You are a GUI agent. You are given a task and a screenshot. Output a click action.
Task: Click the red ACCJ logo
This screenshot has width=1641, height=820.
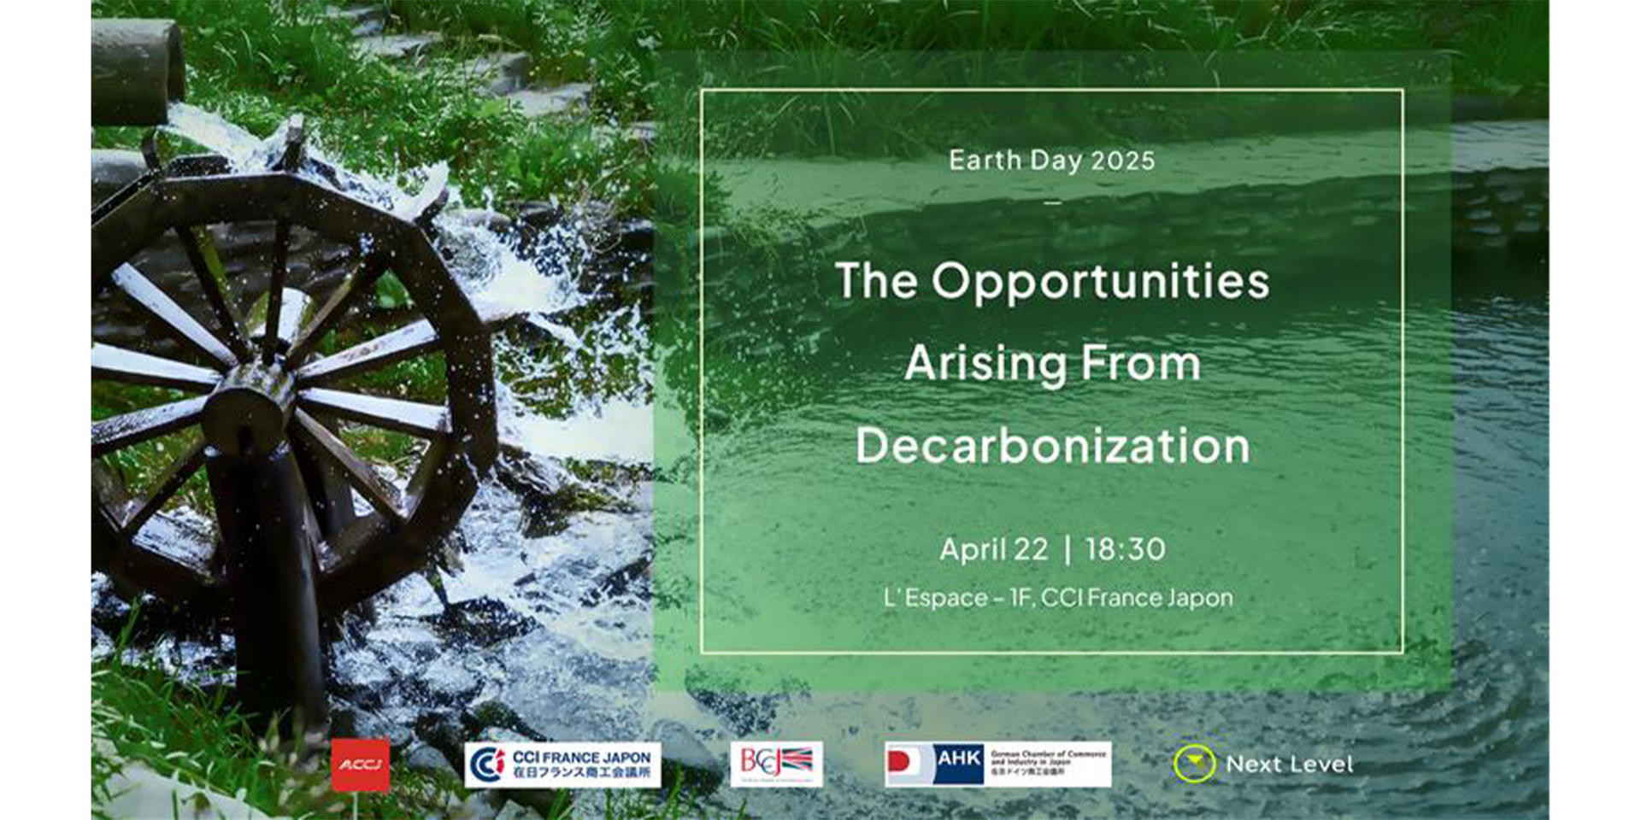360,764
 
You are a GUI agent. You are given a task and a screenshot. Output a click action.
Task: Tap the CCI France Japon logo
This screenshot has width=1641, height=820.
562,764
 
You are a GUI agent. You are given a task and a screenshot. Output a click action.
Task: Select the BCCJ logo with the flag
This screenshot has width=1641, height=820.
776,764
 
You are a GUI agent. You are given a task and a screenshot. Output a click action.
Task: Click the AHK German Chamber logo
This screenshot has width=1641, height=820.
997,764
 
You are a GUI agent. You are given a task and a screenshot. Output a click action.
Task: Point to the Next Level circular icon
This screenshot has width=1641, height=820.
1194,764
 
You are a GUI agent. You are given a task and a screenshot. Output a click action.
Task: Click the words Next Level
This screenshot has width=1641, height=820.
1289,764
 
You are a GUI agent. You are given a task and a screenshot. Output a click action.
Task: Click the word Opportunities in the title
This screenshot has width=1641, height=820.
1100,282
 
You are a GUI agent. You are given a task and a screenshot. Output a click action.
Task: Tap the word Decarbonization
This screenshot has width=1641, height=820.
1052,446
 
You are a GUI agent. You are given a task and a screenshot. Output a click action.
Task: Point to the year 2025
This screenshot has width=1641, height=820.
1123,161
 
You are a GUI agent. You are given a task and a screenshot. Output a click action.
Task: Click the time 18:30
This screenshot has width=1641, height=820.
1125,549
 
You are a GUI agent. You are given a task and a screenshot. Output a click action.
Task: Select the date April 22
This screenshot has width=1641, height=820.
993,549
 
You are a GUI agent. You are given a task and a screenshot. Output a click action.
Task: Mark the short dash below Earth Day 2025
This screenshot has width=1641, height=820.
1052,202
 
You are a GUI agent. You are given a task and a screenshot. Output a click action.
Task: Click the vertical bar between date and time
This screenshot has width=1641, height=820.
1068,549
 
